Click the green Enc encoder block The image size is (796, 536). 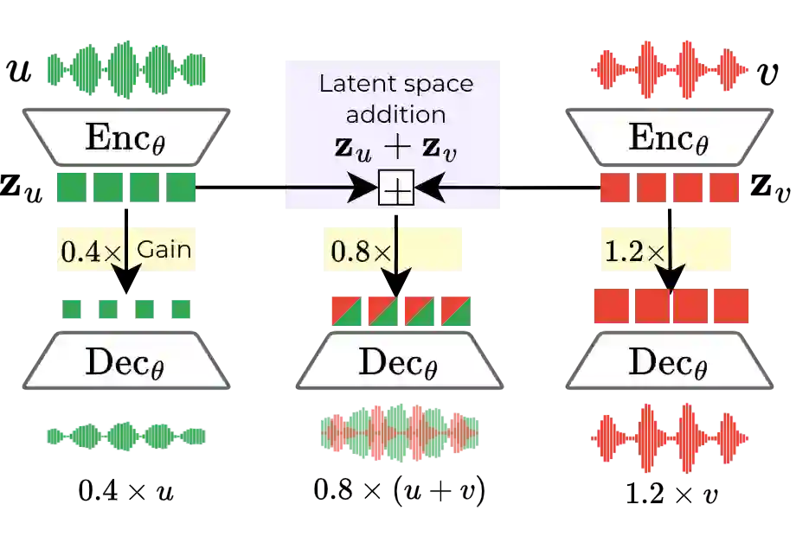(127, 137)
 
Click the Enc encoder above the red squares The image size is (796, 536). (667, 137)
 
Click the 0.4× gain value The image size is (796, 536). (90, 251)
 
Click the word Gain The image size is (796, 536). (164, 250)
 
